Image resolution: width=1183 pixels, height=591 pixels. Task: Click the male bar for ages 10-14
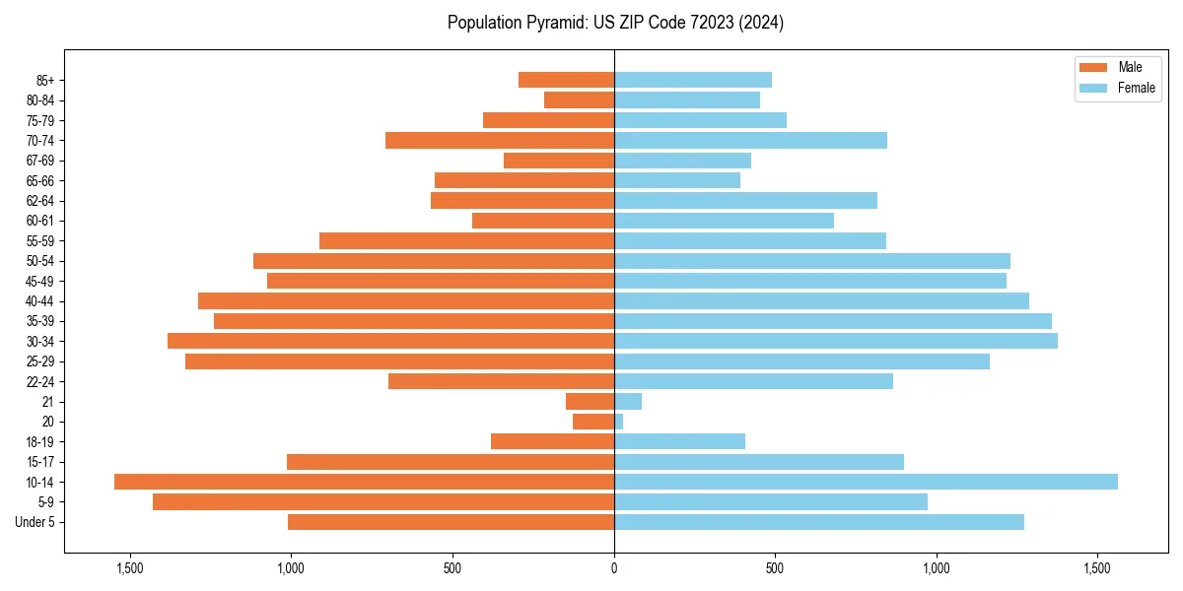tap(364, 482)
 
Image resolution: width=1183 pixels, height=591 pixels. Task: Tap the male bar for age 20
tap(593, 422)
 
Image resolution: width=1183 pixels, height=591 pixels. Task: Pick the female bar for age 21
tap(628, 402)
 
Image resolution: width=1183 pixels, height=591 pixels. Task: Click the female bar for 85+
tap(693, 80)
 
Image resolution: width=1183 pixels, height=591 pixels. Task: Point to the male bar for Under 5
tap(451, 522)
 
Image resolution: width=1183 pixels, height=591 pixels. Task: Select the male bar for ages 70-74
tap(500, 140)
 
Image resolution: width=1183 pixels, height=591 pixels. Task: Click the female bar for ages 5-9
tap(771, 502)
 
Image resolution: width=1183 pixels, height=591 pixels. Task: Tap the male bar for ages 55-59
tap(466, 240)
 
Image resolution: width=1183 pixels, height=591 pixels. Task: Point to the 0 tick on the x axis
tap(614, 568)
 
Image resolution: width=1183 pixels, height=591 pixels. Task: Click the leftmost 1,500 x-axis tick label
tap(130, 568)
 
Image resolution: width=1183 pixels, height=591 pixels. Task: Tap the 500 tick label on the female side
tap(775, 568)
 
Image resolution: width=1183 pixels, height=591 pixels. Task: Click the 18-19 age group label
tap(40, 442)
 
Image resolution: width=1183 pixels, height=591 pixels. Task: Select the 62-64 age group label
tap(40, 201)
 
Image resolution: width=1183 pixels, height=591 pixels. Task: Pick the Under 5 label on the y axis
tap(35, 522)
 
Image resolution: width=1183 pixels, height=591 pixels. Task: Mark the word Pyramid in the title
tap(553, 23)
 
